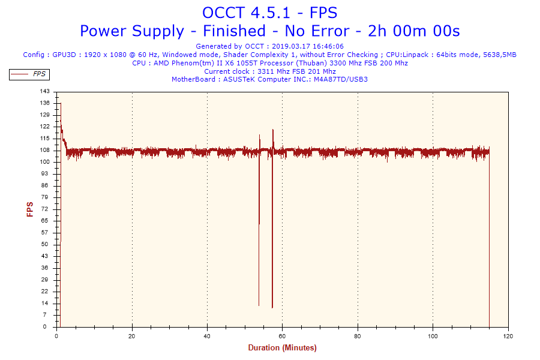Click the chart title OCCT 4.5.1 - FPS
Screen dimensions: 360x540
(x=269, y=13)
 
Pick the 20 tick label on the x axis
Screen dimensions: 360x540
(x=132, y=335)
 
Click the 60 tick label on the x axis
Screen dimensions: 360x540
(x=283, y=335)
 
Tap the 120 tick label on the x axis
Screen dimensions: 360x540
(x=508, y=335)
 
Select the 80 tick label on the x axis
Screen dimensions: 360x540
(x=358, y=335)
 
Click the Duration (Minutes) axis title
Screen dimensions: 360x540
(x=282, y=348)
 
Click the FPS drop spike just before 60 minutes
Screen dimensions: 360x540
(x=272, y=240)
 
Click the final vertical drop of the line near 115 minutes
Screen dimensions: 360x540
(x=489, y=240)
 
